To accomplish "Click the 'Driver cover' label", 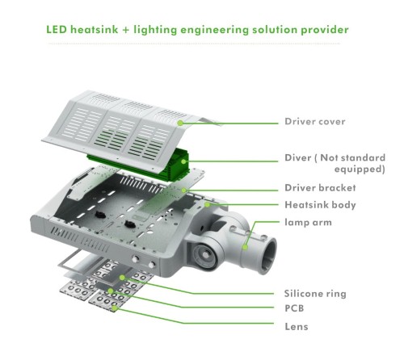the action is tap(315, 122).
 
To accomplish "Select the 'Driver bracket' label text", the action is tap(320, 188).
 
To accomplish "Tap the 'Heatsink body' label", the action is tap(320, 205).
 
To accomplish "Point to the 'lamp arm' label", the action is tap(308, 223).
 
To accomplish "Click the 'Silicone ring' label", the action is tap(315, 294).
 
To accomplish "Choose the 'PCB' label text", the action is tap(294, 308).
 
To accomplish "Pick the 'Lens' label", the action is tap(297, 327).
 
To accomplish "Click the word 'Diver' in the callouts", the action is tap(297, 157).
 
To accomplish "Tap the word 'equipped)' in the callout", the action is tap(360, 170).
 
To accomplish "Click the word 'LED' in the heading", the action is tap(57, 30).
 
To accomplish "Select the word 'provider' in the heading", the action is tap(325, 30).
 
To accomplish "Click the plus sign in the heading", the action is tap(126, 30).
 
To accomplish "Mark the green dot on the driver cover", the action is tap(180, 123).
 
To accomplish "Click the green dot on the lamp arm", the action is tap(245, 247).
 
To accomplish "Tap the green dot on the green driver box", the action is tap(183, 161).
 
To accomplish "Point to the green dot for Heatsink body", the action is tap(207, 205).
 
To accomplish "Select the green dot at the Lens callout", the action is tap(115, 308).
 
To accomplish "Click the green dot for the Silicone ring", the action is tap(122, 278).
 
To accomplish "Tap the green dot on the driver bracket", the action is tap(183, 190).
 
